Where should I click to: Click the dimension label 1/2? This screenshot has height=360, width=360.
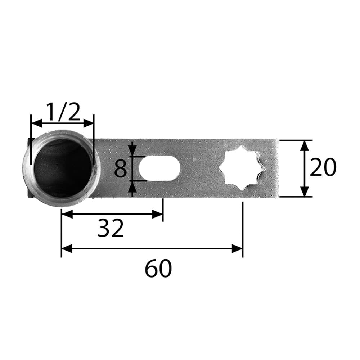click(x=63, y=112)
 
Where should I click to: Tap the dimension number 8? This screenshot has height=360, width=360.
click(x=121, y=168)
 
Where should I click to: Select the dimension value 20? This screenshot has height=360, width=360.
click(x=323, y=167)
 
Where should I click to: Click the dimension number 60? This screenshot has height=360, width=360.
click(x=158, y=268)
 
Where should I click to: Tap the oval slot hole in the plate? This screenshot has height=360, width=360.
click(x=159, y=168)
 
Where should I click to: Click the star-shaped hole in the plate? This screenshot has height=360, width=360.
click(x=242, y=168)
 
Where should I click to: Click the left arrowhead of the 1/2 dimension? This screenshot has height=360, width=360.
click(x=37, y=123)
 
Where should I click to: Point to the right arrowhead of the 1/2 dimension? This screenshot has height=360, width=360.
click(x=89, y=123)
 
